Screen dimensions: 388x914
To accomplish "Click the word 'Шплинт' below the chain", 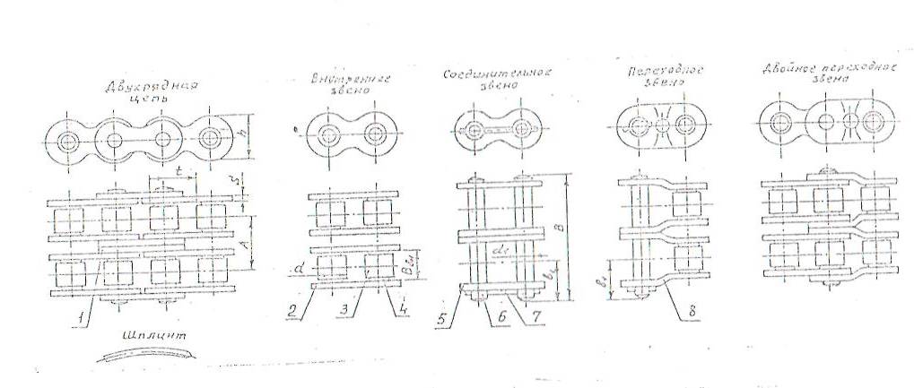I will [x=156, y=333].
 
